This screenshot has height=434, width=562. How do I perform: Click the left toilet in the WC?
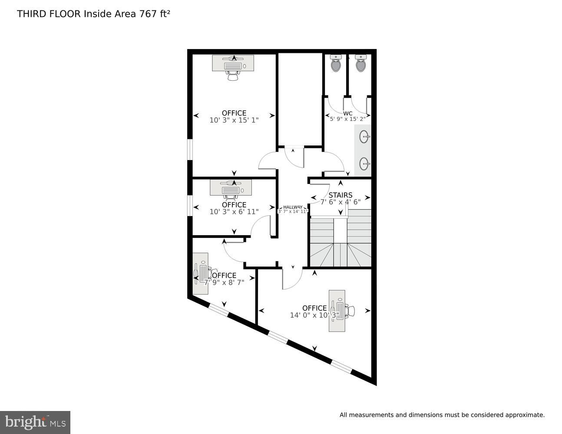336,64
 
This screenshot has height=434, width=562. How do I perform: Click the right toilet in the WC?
360,64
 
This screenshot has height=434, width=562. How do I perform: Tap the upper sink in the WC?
364,137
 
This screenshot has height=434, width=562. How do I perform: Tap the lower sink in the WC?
364,164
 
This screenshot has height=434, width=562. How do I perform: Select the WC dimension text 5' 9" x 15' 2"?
347,118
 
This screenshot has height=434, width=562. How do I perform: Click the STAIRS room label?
341,195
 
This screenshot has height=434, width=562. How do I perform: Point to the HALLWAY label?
293,207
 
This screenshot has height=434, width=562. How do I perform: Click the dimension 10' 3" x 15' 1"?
234,120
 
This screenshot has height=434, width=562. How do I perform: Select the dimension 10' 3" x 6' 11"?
234,212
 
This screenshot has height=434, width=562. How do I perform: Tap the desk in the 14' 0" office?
337,311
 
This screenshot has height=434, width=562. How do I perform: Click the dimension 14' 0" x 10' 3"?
314,316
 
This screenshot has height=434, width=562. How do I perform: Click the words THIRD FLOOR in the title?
49,14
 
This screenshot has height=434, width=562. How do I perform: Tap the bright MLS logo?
35,422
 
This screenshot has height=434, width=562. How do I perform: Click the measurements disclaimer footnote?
442,415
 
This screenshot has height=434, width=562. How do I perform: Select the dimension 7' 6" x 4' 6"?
341,202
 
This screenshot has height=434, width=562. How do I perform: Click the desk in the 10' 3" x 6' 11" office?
231,188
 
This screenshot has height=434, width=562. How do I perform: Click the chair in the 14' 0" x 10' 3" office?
350,311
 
